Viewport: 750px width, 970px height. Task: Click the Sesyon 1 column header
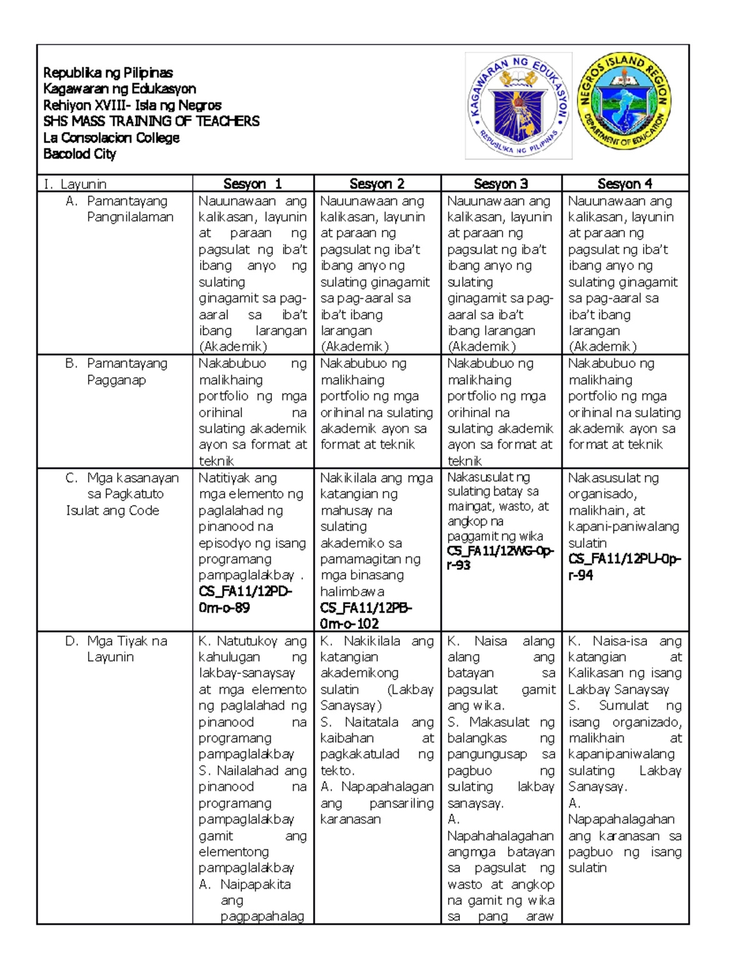(252, 184)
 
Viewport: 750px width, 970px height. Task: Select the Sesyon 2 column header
(377, 184)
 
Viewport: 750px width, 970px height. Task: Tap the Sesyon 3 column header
(501, 184)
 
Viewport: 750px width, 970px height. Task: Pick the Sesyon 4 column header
(624, 184)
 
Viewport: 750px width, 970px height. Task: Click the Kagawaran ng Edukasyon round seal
(518, 106)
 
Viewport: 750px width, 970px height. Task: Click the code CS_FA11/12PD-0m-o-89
(244, 599)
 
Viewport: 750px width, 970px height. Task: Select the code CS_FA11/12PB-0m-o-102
(366, 615)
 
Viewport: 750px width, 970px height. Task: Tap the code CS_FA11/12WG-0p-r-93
(500, 558)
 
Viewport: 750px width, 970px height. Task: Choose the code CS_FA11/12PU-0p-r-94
(624, 567)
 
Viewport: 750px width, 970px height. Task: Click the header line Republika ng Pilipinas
(107, 72)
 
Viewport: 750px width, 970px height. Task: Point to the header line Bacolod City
(79, 154)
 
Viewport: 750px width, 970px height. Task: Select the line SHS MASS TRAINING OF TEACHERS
(151, 121)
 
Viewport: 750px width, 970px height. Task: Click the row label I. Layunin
(74, 184)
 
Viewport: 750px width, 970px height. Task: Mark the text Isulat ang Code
(112, 510)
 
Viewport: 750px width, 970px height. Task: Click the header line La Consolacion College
(111, 137)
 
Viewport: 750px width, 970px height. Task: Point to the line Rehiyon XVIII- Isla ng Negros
(132, 105)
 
